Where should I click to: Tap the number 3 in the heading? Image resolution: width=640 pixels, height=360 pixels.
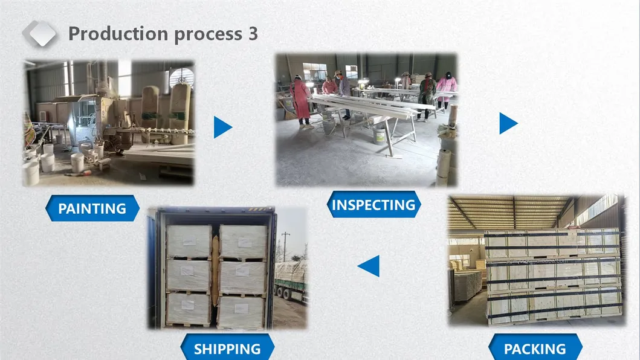pyautogui.click(x=252, y=34)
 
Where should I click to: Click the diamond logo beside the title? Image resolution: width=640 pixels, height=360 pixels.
pyautogui.click(x=39, y=34)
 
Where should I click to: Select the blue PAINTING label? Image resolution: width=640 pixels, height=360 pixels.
pyautogui.click(x=92, y=209)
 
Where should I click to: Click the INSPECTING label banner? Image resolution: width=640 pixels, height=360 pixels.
pyautogui.click(x=373, y=205)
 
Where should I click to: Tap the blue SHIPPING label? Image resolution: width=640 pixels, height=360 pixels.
pyautogui.click(x=227, y=349)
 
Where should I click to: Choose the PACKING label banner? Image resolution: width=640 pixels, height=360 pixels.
pyautogui.click(x=535, y=349)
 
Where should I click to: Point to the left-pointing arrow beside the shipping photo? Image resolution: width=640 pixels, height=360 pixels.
pyautogui.click(x=369, y=266)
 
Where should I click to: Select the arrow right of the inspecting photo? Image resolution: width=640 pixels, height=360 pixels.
pyautogui.click(x=508, y=123)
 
